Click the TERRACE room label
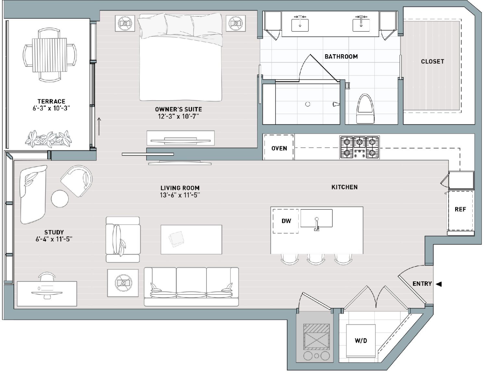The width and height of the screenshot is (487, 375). click(x=51, y=102)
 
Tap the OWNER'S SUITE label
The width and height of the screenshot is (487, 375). click(x=178, y=109)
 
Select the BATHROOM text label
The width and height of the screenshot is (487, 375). click(x=341, y=56)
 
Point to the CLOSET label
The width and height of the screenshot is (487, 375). click(x=432, y=61)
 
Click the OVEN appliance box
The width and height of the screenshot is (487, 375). click(x=279, y=147)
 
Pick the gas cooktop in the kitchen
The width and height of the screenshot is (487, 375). click(x=359, y=147)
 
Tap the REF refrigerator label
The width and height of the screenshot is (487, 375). click(x=460, y=209)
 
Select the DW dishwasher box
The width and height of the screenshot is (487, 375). click(x=286, y=221)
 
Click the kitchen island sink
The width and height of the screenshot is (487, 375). click(x=317, y=219)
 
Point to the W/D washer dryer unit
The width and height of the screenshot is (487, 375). click(x=361, y=341)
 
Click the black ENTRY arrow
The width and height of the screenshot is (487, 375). click(x=439, y=284)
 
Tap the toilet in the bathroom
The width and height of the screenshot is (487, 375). click(x=365, y=109)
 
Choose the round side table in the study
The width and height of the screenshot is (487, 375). click(x=60, y=199)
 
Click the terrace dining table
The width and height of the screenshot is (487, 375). click(x=50, y=55)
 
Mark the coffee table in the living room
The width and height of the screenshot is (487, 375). click(x=192, y=240)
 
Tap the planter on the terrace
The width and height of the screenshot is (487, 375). click(x=48, y=139)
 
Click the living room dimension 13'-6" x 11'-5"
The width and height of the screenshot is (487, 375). click(x=180, y=195)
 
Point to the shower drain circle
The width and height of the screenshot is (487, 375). click(x=308, y=104)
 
